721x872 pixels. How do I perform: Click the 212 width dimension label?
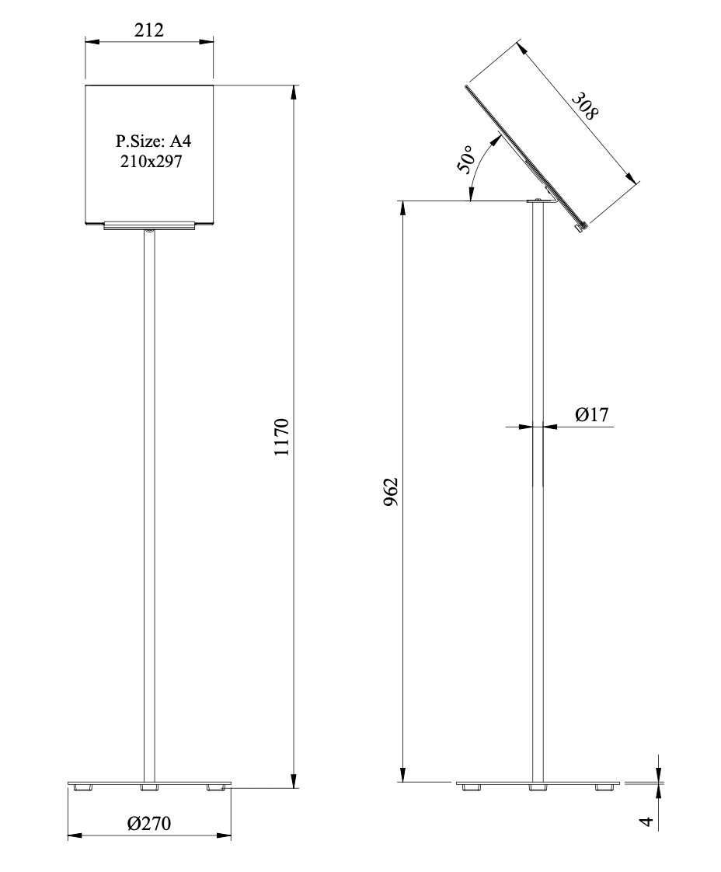click(x=148, y=30)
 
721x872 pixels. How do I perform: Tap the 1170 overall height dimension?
click(x=281, y=437)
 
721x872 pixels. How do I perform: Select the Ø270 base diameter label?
click(x=149, y=823)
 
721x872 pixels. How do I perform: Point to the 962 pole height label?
click(x=391, y=492)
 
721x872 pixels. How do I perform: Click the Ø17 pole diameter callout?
click(x=591, y=415)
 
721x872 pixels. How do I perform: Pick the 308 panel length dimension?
click(x=585, y=106)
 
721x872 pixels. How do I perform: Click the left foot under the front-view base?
click(x=82, y=788)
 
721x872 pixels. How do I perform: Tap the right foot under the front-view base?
click(x=218, y=788)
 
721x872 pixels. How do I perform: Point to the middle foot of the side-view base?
click(x=537, y=788)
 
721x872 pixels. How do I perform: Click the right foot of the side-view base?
click(x=603, y=788)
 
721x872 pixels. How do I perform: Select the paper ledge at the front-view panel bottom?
click(x=148, y=225)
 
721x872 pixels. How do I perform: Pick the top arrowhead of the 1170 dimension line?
click(x=294, y=91)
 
